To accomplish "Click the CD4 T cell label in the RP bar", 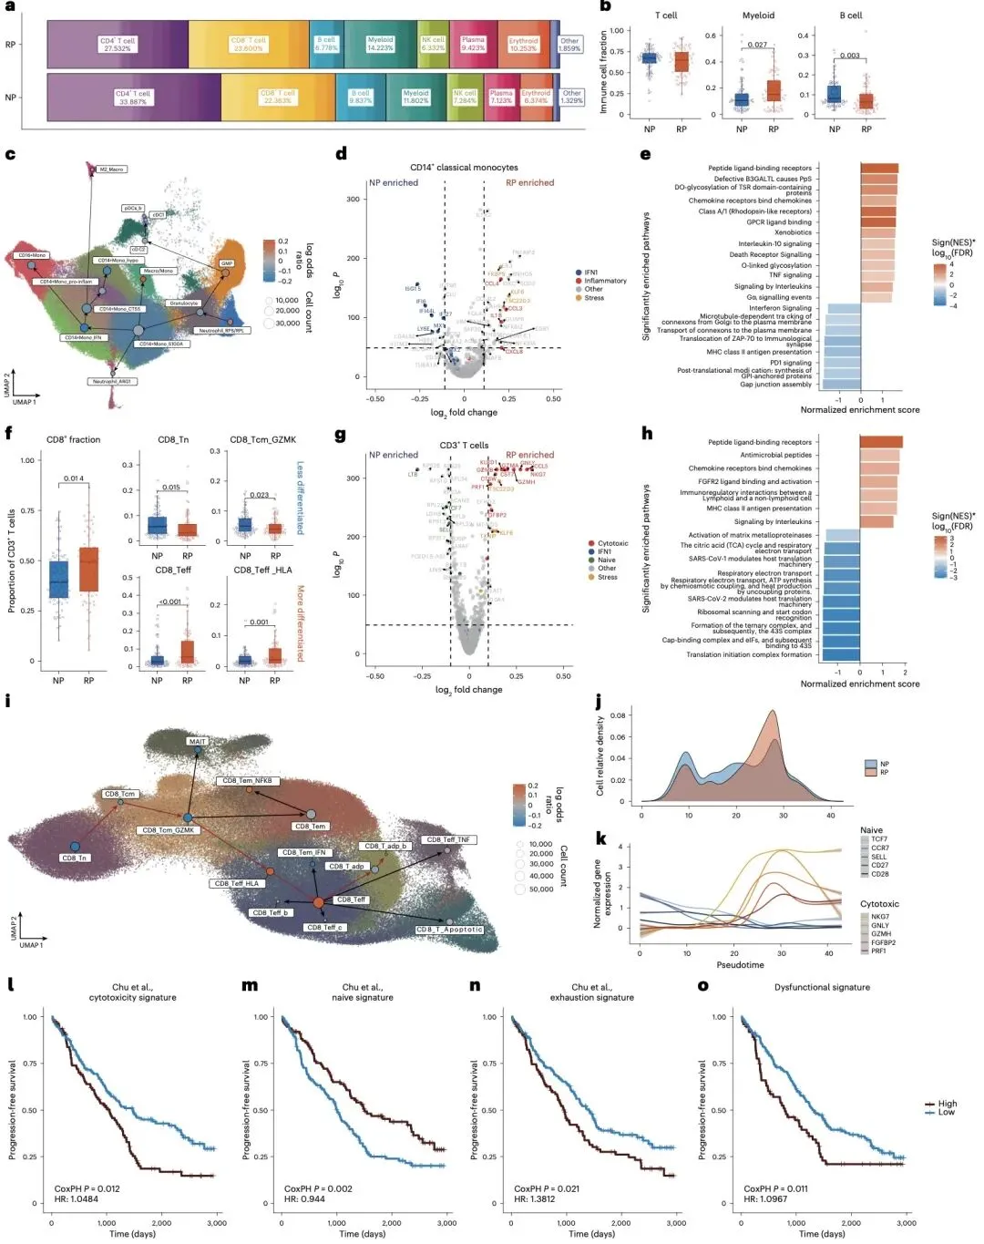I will coord(118,44).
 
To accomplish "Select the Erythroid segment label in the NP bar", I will coord(536,96).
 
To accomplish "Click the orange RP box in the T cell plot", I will coord(682,62).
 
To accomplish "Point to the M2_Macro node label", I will coord(110,170).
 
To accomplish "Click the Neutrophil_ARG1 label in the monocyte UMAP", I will coord(112,381).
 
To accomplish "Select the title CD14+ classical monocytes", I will coord(464,168).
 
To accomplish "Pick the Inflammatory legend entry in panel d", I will coord(605,281).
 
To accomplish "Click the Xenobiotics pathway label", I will coord(793,232).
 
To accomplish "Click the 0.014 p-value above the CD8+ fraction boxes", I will coord(74,478).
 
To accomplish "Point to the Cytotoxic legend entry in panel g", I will coord(612,543).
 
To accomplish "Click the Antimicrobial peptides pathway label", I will coord(775,455).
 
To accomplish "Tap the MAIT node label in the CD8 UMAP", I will coord(197,741).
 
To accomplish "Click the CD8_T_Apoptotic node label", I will coord(449,930).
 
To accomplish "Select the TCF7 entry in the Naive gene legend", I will coord(878,839).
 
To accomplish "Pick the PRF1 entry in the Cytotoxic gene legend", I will coord(878,951).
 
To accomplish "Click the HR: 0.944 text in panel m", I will coord(304,1199).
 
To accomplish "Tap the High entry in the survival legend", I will coord(947,1104).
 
